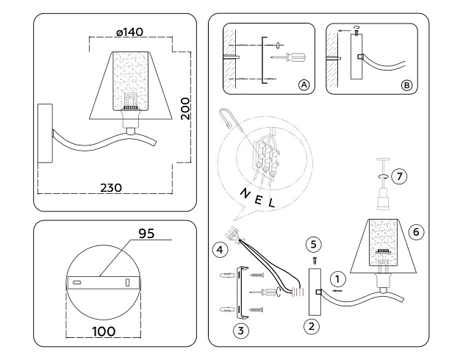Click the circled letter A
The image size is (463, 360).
pos(303,85)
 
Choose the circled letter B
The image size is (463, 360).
pos(406,85)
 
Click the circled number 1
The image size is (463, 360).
pos(337,278)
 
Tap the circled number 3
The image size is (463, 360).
pos(239,331)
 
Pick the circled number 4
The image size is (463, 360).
pos(220,249)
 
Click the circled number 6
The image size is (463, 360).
pos(416,231)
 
